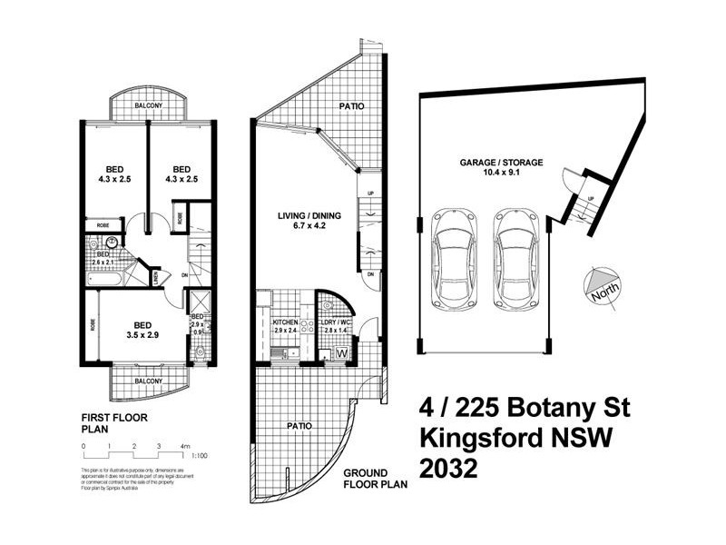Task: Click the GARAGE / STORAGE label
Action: tap(501, 167)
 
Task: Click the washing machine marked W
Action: tap(342, 352)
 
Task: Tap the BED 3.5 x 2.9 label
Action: tap(141, 328)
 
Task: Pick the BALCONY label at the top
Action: tap(149, 106)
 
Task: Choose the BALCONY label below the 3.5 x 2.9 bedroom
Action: tap(149, 381)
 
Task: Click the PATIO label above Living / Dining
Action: tap(352, 106)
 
